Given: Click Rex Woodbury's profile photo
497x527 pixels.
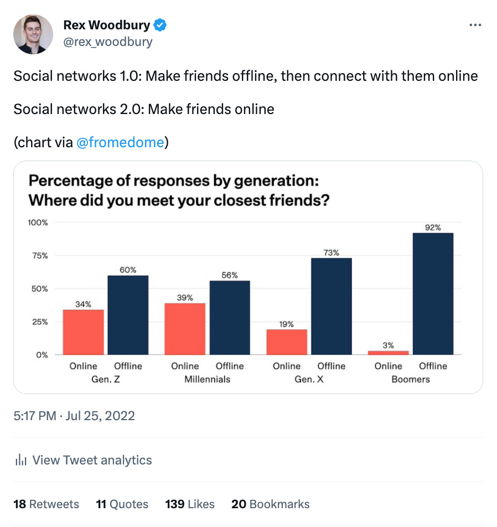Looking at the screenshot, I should pyautogui.click(x=33, y=34).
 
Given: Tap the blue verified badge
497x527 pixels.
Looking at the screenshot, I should pyautogui.click(x=161, y=25).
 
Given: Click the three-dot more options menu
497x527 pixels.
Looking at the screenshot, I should pyautogui.click(x=475, y=25).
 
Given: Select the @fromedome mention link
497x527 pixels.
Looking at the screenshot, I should pyautogui.click(x=120, y=142).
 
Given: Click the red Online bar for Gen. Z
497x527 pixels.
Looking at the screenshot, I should pyautogui.click(x=83, y=332).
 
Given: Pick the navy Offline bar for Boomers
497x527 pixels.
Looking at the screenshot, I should pyautogui.click(x=433, y=293).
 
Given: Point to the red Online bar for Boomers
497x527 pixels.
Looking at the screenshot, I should pyautogui.click(x=388, y=352).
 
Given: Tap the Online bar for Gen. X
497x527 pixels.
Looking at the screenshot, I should pyautogui.click(x=287, y=342).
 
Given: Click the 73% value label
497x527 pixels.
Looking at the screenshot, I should pyautogui.click(x=331, y=252).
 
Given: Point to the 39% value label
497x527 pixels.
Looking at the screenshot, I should pyautogui.click(x=185, y=297).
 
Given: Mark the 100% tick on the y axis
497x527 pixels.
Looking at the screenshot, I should pyautogui.click(x=38, y=223).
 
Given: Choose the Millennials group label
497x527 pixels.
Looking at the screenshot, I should pyautogui.click(x=207, y=379).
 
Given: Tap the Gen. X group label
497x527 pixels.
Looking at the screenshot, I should pyautogui.click(x=309, y=379).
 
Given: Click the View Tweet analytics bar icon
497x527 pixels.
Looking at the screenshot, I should pyautogui.click(x=21, y=460).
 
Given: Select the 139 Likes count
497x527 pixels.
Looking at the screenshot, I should pyautogui.click(x=190, y=504).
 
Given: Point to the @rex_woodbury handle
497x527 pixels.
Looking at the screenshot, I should pyautogui.click(x=108, y=42).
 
